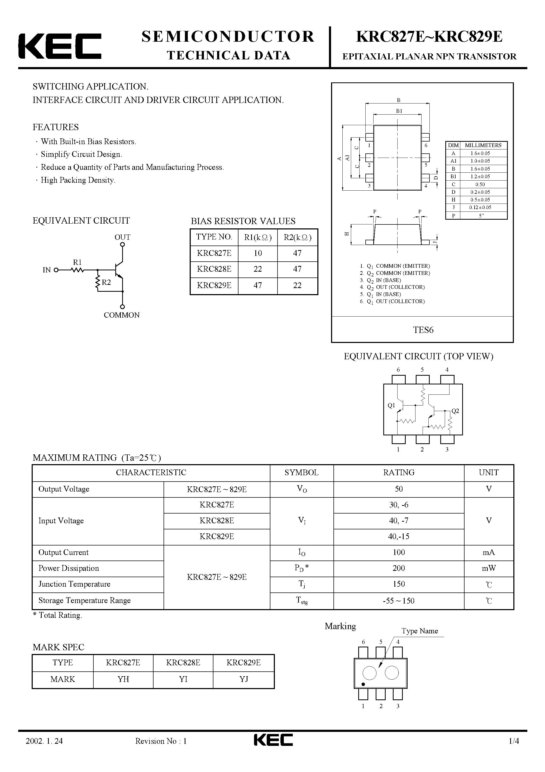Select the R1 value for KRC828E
(258, 269)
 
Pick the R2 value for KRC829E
(297, 285)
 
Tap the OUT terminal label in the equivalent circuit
(122, 237)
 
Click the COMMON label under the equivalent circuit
(122, 315)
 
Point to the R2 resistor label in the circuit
(106, 283)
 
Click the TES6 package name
(423, 330)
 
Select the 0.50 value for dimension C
(480, 184)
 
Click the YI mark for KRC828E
(183, 679)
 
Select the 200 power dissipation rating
(399, 568)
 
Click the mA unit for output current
(489, 552)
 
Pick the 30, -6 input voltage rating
(399, 505)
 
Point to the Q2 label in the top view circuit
(455, 411)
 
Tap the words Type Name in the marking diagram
(420, 631)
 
